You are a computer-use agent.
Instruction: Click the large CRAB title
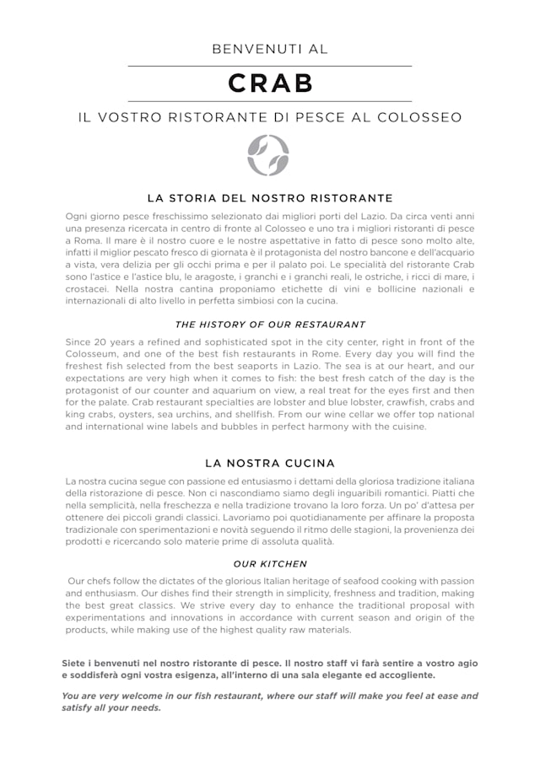[x=270, y=83]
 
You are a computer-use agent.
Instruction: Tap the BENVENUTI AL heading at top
[x=270, y=50]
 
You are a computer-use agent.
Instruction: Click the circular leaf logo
[x=268, y=155]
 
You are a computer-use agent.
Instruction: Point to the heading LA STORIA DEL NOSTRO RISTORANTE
[x=270, y=198]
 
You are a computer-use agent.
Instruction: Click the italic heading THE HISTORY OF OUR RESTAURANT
[x=270, y=325]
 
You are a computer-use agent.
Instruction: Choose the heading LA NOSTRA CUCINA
[x=270, y=463]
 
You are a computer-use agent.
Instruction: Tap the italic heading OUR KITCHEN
[x=270, y=564]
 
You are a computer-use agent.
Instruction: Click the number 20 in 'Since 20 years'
[x=108, y=342]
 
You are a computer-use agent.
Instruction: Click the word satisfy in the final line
[x=78, y=708]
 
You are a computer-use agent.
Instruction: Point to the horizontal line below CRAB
[x=270, y=101]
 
